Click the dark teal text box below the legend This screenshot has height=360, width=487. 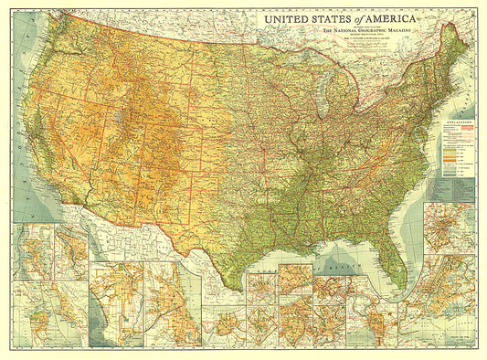(x=451, y=189)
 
